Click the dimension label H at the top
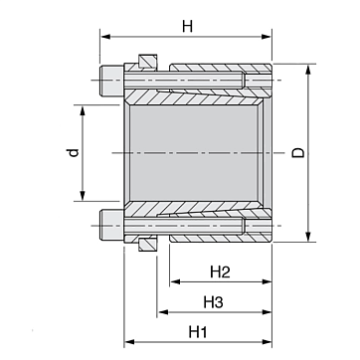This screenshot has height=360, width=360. tap(187, 26)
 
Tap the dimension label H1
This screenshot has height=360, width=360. tap(198, 332)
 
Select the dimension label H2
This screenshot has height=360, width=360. tap(220, 272)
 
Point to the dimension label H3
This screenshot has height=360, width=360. tap(213, 302)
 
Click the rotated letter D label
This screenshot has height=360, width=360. tap(298, 153)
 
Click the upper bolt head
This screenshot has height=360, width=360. tap(111, 80)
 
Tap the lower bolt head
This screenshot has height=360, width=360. tap(111, 226)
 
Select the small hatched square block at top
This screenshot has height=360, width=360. tap(148, 62)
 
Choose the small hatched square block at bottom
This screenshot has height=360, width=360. tap(148, 244)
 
